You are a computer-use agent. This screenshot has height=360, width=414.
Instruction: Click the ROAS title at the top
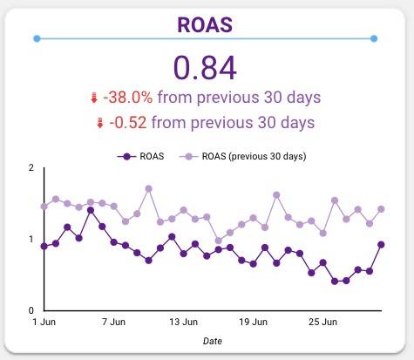tap(206, 24)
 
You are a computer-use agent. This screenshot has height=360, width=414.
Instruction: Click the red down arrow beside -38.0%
tap(94, 98)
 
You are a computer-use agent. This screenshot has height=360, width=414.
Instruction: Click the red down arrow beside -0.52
tap(101, 124)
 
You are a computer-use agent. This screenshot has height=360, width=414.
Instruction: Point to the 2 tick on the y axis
tap(31, 167)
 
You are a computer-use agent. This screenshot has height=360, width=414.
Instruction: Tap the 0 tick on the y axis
tap(31, 310)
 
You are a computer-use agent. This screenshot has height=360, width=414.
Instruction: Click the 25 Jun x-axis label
tap(323, 322)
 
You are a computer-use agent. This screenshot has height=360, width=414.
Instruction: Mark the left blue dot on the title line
tap(36, 38)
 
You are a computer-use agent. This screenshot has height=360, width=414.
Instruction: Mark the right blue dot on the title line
tap(374, 38)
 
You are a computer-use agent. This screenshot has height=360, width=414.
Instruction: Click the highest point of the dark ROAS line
tap(91, 210)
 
